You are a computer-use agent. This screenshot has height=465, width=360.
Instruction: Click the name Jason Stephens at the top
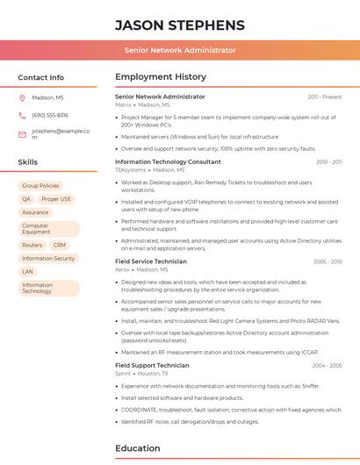click(x=180, y=25)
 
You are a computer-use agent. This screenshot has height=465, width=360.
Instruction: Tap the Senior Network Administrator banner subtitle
click(x=180, y=51)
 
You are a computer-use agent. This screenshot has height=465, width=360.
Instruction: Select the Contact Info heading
click(x=41, y=77)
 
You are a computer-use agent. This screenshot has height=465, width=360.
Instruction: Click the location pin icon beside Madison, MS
click(x=22, y=98)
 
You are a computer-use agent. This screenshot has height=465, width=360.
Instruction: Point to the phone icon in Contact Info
click(x=22, y=116)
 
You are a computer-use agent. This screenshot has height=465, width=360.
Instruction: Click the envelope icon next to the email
click(x=22, y=134)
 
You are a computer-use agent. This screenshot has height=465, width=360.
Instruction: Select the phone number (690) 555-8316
click(x=50, y=116)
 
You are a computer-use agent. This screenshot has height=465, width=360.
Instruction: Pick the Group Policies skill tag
click(x=40, y=186)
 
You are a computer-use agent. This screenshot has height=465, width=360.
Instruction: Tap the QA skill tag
click(x=26, y=199)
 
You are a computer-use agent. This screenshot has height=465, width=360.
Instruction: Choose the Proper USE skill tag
click(x=56, y=199)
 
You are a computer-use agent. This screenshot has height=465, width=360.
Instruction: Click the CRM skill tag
click(x=59, y=246)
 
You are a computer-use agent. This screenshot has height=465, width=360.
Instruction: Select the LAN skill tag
click(x=27, y=272)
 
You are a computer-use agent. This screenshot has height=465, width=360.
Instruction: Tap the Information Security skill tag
click(x=48, y=259)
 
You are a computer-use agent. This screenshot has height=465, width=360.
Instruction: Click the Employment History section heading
click(x=161, y=77)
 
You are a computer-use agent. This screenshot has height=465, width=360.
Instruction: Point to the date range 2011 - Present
click(x=324, y=97)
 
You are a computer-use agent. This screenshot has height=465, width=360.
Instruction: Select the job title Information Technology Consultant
click(x=168, y=162)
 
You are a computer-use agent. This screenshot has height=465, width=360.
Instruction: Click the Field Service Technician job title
click(x=150, y=261)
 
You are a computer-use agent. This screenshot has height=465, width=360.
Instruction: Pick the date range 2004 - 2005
click(x=327, y=365)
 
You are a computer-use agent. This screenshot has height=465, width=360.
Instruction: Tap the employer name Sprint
click(x=123, y=374)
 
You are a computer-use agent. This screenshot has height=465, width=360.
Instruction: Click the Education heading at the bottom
click(x=138, y=448)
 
